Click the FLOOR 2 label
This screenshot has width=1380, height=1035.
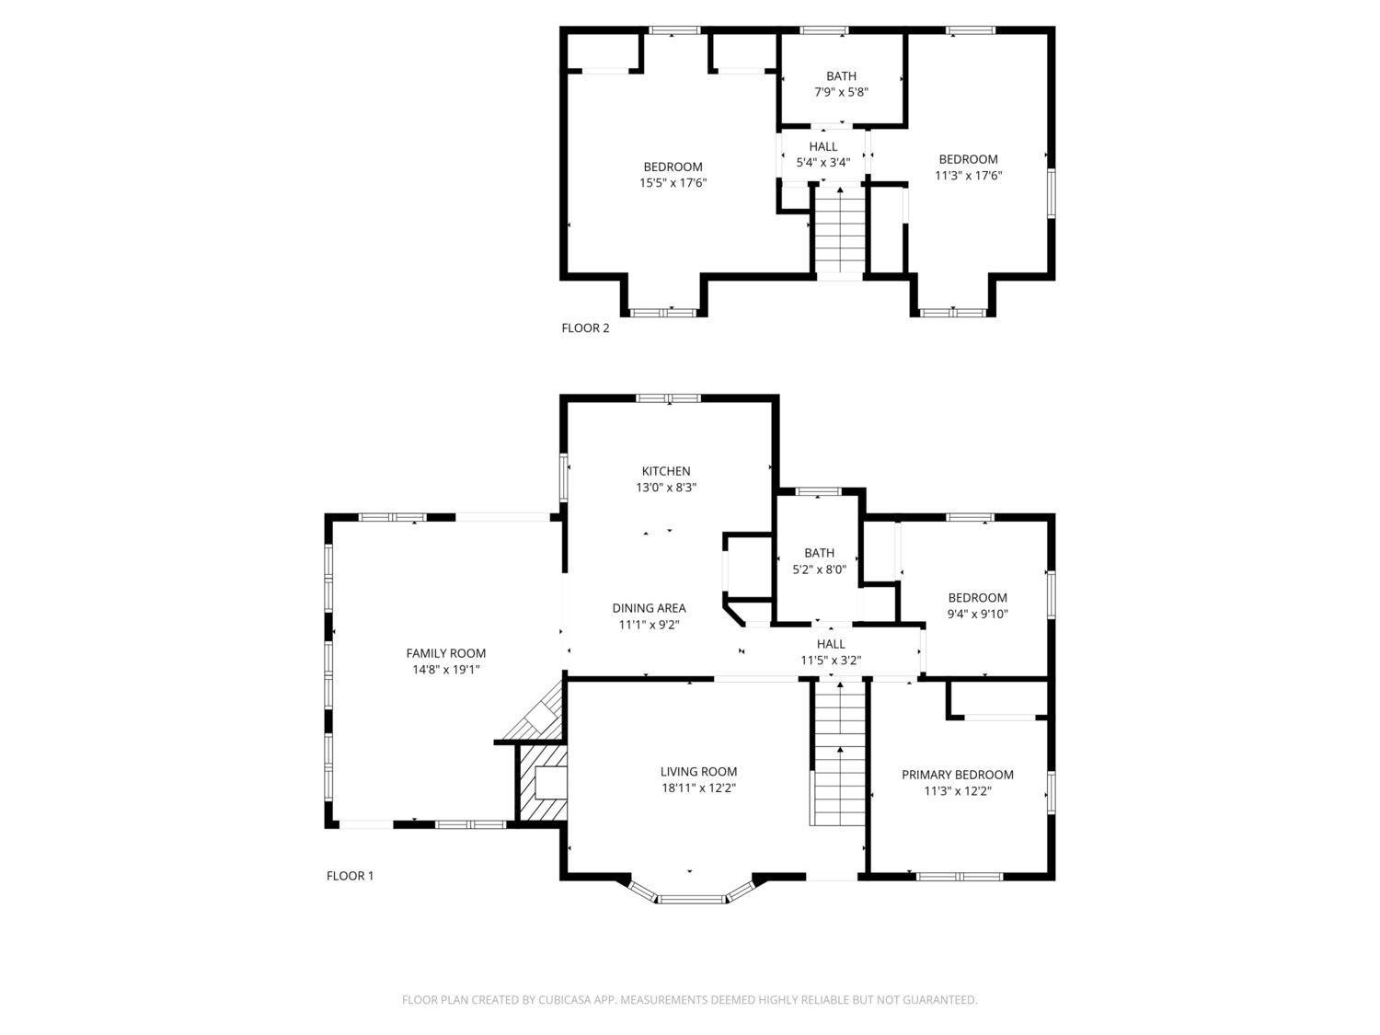coord(585,328)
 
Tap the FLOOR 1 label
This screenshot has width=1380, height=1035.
coord(350,876)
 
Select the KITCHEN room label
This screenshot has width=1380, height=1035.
coord(666,471)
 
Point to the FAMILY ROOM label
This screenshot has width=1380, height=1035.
coord(446,653)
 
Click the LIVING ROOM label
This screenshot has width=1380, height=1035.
coord(698,772)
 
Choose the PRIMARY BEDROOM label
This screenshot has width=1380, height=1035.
coord(958,775)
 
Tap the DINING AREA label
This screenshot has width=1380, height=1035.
coord(649,608)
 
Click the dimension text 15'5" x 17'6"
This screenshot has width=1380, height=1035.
coord(673,183)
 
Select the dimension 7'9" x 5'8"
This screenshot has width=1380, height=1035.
coord(841,92)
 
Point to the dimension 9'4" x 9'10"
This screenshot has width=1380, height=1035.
coord(977,614)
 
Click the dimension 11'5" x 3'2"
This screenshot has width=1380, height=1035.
coord(831,660)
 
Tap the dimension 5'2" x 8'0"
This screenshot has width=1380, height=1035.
coord(819,569)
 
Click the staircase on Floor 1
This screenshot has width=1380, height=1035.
coord(840,753)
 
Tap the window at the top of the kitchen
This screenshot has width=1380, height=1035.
coord(668,398)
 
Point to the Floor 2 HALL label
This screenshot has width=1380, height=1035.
coord(823,146)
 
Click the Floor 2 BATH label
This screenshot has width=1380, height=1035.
coord(841,76)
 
